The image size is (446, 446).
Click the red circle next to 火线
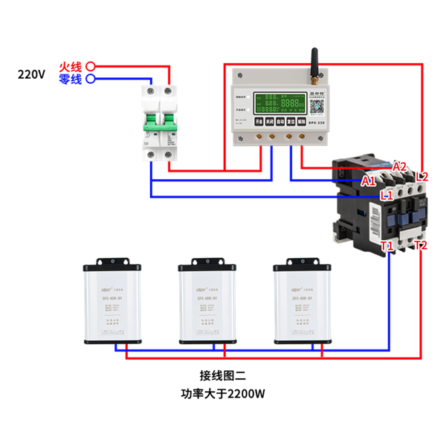point(91,66)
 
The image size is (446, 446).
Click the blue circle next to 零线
point(91,78)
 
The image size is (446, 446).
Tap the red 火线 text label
point(71,66)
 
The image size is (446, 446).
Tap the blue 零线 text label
point(71,79)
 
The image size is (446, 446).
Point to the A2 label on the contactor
point(400,166)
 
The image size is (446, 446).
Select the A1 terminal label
point(369,181)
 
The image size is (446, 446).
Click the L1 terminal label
point(387,195)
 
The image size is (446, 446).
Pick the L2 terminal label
point(422,176)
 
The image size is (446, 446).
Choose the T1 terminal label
point(387,246)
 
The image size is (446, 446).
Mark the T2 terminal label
point(421,245)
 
